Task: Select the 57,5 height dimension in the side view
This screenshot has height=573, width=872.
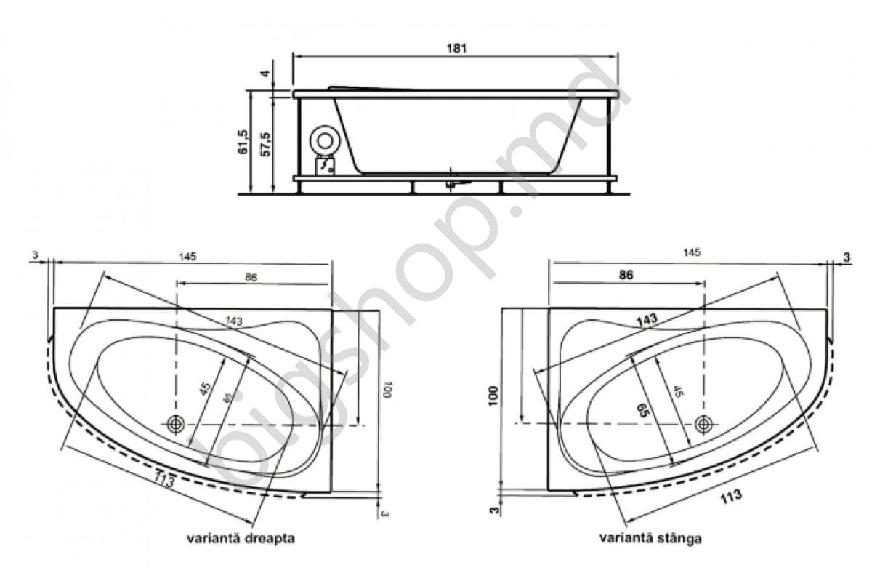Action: [x=265, y=143]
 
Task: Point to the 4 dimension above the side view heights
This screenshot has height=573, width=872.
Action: [x=265, y=73]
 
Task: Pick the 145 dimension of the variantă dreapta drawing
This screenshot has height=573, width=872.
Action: [x=187, y=256]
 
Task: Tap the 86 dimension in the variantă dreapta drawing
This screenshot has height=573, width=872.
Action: [x=251, y=277]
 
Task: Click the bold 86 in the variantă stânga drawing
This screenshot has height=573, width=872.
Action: [x=626, y=275]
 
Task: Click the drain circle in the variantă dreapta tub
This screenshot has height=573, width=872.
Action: [x=175, y=424]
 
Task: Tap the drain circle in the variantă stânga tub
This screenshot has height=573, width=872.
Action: [x=703, y=423]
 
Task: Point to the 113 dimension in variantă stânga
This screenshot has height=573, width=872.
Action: [x=730, y=496]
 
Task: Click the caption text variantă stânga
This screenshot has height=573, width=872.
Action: [x=650, y=539]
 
